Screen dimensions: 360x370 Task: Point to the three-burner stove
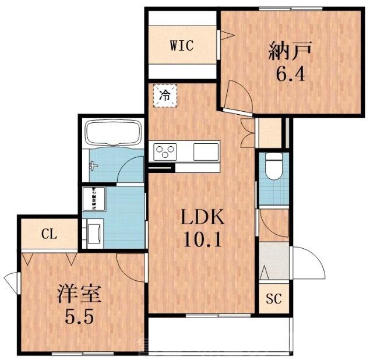[165, 152]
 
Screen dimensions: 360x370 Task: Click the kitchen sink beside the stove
[205, 151]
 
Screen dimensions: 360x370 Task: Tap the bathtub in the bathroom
[113, 134]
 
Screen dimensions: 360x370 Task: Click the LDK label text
[201, 218]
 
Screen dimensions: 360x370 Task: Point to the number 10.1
[201, 240]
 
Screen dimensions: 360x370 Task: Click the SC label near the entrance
[273, 300]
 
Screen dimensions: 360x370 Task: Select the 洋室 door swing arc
[129, 265]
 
